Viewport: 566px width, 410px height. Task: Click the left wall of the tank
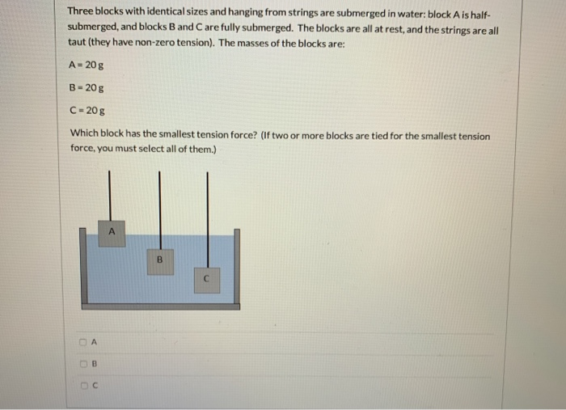pos(84,267)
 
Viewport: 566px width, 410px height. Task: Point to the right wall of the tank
pos(237,267)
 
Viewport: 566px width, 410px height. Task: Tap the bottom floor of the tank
pos(161,306)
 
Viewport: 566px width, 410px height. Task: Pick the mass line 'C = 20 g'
pos(85,111)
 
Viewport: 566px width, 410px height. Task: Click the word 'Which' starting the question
pos(84,135)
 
